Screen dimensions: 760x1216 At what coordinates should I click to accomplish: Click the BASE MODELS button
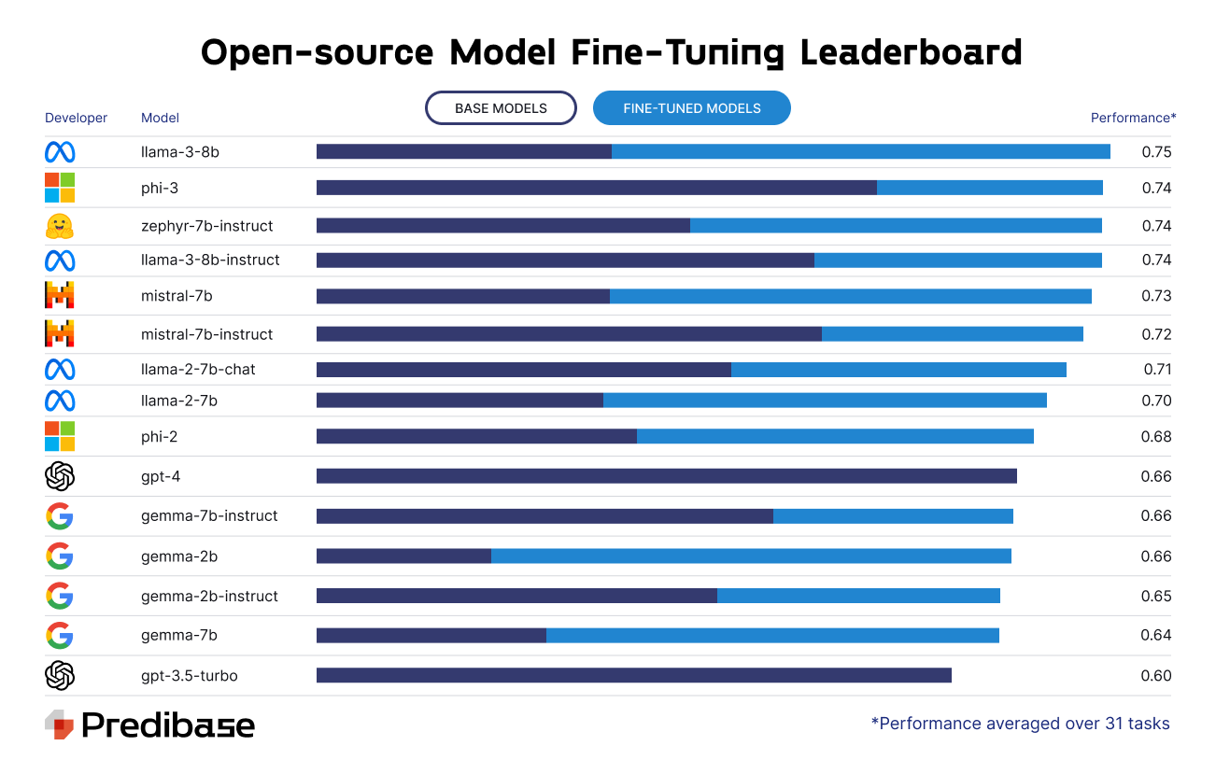click(x=501, y=108)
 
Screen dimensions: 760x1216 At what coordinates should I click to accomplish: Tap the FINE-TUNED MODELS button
click(x=691, y=108)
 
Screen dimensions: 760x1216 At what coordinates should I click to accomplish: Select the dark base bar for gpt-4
click(x=666, y=476)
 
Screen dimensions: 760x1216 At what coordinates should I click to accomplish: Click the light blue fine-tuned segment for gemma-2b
click(x=751, y=556)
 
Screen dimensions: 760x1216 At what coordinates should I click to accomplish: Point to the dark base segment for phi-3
click(x=596, y=188)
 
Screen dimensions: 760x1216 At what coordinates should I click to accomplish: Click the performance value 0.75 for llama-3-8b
click(x=1156, y=152)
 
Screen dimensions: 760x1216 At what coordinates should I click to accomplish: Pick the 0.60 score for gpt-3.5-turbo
click(x=1155, y=676)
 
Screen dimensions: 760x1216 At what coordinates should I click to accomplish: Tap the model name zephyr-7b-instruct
click(x=206, y=226)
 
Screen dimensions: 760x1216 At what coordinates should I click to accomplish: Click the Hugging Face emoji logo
click(x=60, y=226)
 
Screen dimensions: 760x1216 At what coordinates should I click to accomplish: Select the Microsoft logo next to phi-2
click(x=60, y=436)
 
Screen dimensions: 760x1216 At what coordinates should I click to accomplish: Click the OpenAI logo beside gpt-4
click(x=60, y=476)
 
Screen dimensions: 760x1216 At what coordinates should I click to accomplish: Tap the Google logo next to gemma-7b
click(x=60, y=636)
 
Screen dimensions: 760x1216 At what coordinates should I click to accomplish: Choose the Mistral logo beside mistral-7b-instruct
click(x=60, y=333)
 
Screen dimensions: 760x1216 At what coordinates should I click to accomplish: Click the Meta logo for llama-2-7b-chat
click(x=60, y=370)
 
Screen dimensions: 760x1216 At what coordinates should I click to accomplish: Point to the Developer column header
click(x=76, y=118)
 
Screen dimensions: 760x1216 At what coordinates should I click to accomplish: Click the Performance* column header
click(x=1133, y=118)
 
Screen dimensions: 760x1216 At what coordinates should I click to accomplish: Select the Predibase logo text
click(x=168, y=725)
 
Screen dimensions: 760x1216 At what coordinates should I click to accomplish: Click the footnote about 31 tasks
click(x=1020, y=724)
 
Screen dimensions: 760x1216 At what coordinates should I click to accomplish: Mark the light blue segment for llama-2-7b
click(x=825, y=401)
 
